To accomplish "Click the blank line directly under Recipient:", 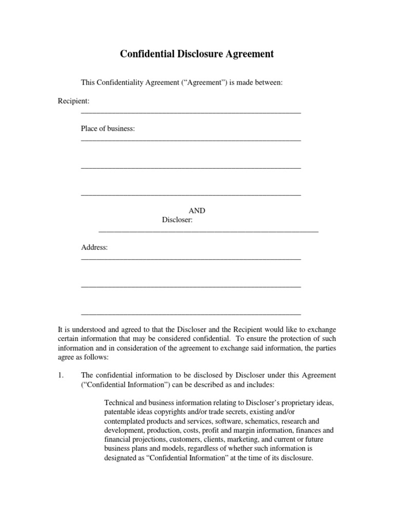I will click(x=191, y=112).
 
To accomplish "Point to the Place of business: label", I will click(x=108, y=129).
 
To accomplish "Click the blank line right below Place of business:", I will click(x=191, y=140).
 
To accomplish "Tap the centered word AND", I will click(x=197, y=211).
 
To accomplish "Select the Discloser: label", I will click(x=177, y=220).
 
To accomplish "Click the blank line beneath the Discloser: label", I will click(x=208, y=232).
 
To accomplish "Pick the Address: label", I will click(x=94, y=248).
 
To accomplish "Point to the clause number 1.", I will click(x=61, y=375).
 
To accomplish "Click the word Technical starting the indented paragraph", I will click(x=119, y=403).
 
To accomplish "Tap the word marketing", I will click(x=244, y=440).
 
